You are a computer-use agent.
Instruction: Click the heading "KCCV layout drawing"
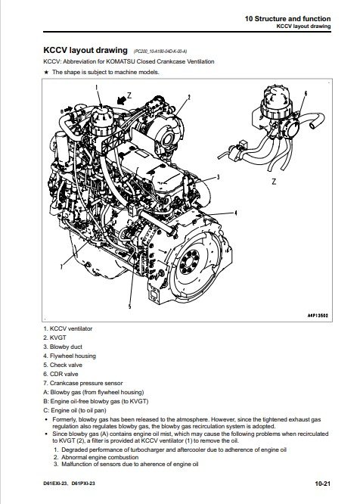[x=85, y=50]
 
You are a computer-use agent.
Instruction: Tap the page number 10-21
[x=322, y=483]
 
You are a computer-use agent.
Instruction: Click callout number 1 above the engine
[x=97, y=87]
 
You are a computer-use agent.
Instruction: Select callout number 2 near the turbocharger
[x=189, y=97]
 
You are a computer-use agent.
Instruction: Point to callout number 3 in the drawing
[x=218, y=177]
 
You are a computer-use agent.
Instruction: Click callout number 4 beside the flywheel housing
[x=236, y=213]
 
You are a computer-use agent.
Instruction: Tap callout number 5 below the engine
[x=130, y=306]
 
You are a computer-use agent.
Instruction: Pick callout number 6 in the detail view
[x=306, y=93]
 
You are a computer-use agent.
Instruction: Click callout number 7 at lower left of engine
[x=61, y=266]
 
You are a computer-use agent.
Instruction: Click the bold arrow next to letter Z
[x=121, y=101]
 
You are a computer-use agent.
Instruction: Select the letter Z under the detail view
[x=274, y=182]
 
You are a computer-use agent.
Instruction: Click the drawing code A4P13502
[x=318, y=316]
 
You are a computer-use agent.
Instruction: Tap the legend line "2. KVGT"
[x=55, y=338]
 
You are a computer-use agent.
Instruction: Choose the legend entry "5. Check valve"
[x=63, y=365]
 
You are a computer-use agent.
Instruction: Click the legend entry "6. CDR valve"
[x=61, y=374]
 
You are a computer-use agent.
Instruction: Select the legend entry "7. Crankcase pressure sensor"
[x=83, y=383]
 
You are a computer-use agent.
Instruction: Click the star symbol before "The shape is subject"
[x=46, y=72]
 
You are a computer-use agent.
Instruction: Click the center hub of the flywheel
[x=189, y=262]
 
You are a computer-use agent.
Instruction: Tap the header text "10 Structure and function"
[x=287, y=19]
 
